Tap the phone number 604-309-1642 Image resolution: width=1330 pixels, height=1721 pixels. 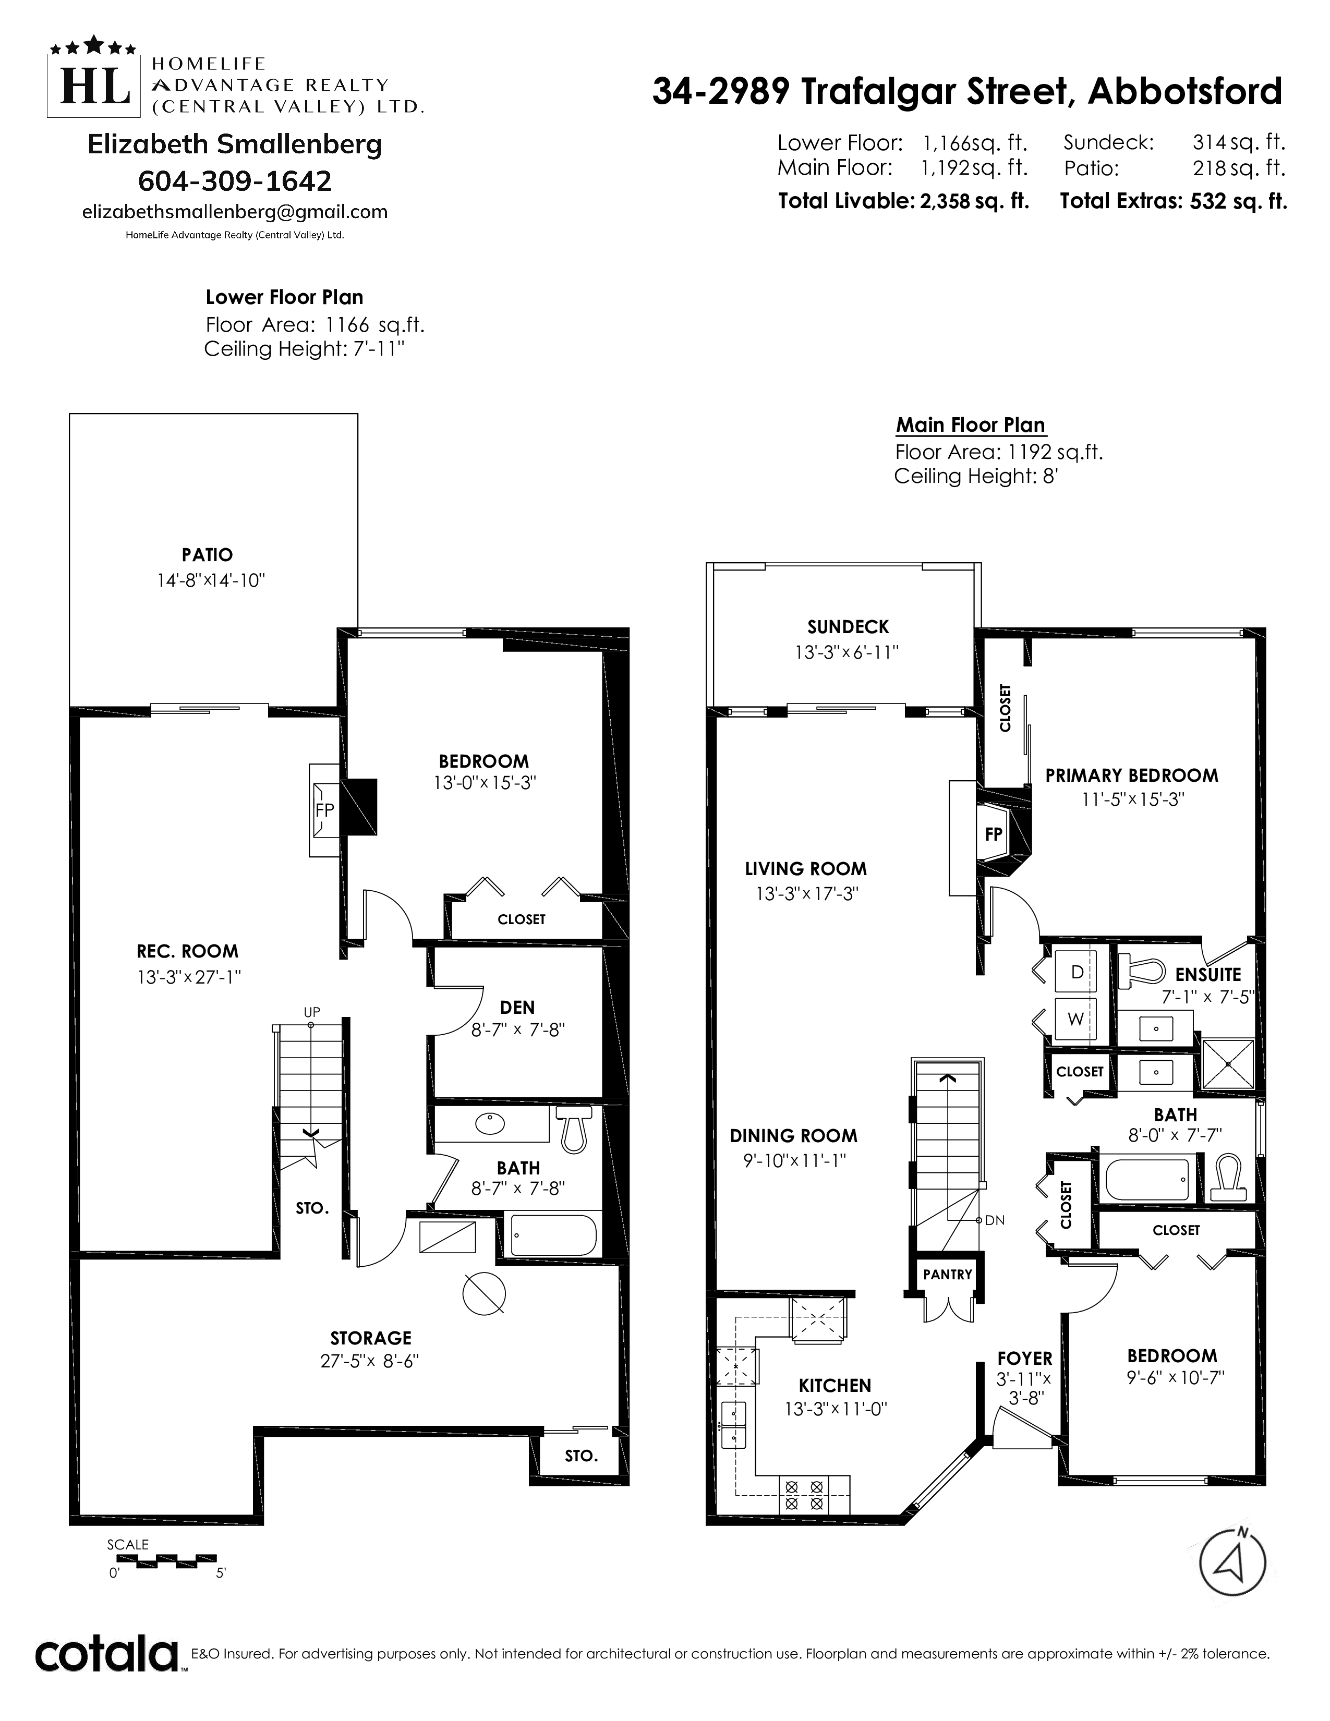point(235,181)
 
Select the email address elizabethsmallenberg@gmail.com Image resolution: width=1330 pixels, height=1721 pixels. point(235,212)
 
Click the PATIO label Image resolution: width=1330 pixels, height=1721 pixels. point(207,555)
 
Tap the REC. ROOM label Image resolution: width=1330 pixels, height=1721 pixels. point(188,951)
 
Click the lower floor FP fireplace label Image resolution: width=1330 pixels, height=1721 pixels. point(324,809)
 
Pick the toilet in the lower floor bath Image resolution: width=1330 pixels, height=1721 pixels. point(573,1129)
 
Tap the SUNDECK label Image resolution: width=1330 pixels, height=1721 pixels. point(848,627)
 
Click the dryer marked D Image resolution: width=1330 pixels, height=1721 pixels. point(1075,973)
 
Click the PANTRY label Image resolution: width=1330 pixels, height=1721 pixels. point(948,1274)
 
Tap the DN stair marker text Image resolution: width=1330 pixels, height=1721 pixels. point(994,1221)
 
